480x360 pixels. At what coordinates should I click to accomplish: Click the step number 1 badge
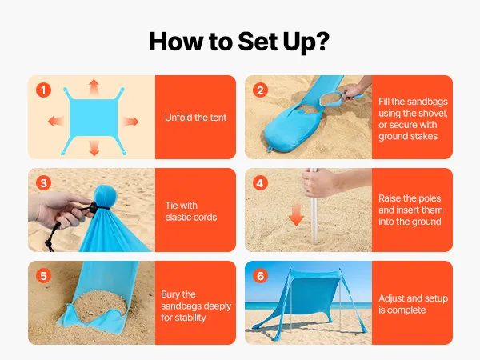click(43, 90)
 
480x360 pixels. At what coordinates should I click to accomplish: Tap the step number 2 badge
click(260, 90)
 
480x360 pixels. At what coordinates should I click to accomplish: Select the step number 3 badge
click(43, 183)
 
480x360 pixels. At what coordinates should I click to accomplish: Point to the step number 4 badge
click(260, 183)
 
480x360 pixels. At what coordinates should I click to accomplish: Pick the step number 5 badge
click(43, 276)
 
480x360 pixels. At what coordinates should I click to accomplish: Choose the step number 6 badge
click(260, 276)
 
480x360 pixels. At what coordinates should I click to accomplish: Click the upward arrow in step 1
click(94, 87)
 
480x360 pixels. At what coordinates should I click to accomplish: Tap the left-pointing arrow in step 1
click(56, 122)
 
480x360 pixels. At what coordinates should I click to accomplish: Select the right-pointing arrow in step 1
click(130, 122)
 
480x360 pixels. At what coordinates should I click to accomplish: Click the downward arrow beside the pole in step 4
click(296, 215)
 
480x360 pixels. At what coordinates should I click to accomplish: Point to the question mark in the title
click(322, 41)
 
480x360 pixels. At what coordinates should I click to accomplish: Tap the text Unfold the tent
click(196, 118)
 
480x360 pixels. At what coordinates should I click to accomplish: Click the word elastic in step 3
click(178, 217)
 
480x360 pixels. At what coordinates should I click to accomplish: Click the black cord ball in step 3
click(92, 207)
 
